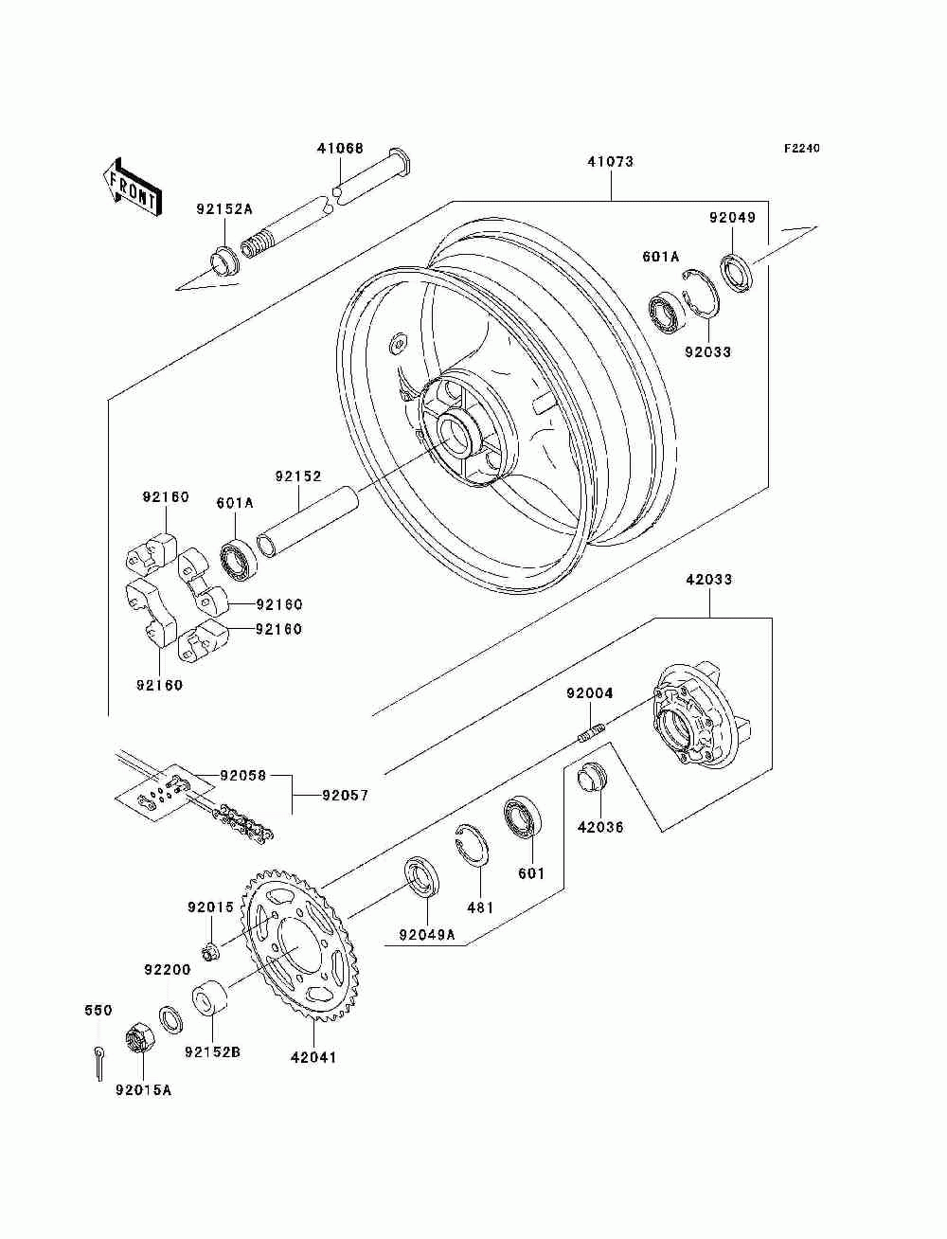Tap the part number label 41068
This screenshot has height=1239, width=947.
point(340,149)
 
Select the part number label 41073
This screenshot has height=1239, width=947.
point(611,162)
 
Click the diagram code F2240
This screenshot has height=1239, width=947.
point(801,149)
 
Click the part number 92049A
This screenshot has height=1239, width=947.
point(427,935)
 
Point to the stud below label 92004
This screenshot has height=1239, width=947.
point(592,732)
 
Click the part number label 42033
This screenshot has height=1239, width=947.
point(709,580)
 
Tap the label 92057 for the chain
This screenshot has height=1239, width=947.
point(346,796)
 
